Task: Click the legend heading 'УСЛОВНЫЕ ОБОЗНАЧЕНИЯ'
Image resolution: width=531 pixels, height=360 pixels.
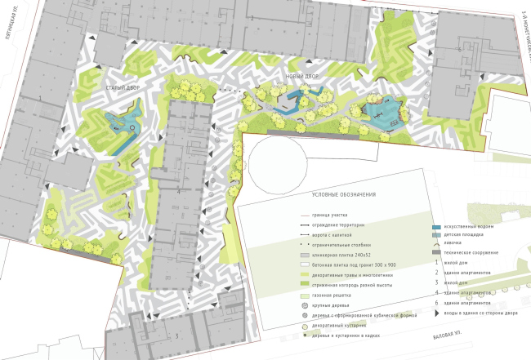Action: tap(343, 194)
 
